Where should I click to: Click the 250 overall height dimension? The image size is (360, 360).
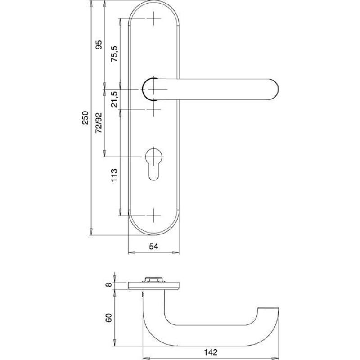click(x=85, y=118)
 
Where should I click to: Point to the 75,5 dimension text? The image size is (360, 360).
click(x=114, y=54)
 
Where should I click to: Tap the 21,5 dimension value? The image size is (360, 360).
click(x=114, y=99)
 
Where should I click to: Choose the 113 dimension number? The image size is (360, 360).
click(x=114, y=175)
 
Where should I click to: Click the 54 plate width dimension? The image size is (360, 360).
click(x=154, y=246)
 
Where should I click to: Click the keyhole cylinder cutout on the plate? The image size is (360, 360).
click(x=154, y=164)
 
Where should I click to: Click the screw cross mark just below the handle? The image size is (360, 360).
click(x=154, y=109)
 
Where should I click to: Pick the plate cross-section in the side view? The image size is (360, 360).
click(x=154, y=285)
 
